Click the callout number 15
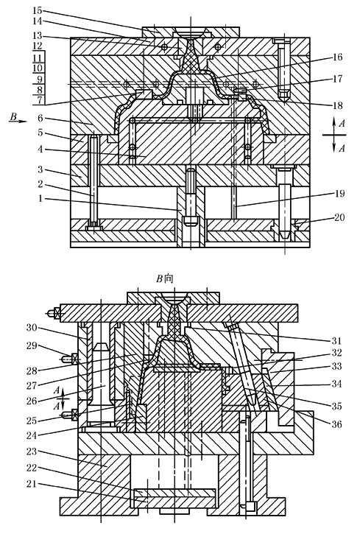38,10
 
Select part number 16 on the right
337,57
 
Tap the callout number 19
339,194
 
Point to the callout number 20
339,217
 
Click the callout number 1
40,198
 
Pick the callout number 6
40,118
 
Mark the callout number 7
40,100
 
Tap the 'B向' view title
165,279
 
